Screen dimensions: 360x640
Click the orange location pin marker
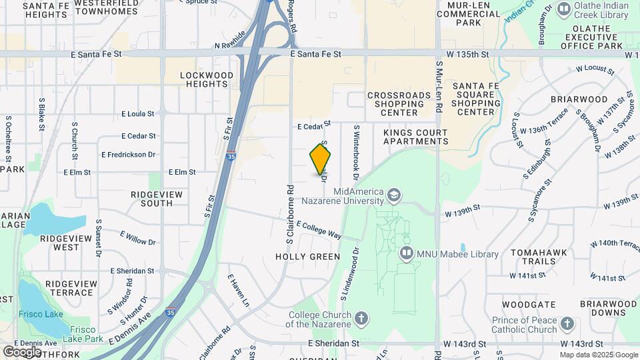pyautogui.click(x=321, y=159)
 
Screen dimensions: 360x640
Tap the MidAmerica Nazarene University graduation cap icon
pyautogui.click(x=393, y=195)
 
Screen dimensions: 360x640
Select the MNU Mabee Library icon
pyautogui.click(x=405, y=253)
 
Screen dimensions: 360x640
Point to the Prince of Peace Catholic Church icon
pyautogui.click(x=567, y=323)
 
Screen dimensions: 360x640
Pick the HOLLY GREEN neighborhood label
pyautogui.click(x=307, y=257)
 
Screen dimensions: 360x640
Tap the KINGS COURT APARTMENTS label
pyautogui.click(x=415, y=137)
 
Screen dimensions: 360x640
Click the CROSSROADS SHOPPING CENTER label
pyautogui.click(x=399, y=104)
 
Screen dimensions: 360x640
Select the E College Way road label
pyautogui.click(x=319, y=230)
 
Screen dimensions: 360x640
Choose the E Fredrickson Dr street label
pyautogui.click(x=128, y=154)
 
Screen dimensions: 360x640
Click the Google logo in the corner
pyautogui.click(x=22, y=351)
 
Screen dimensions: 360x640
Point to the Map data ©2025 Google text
pyautogui.click(x=598, y=355)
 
